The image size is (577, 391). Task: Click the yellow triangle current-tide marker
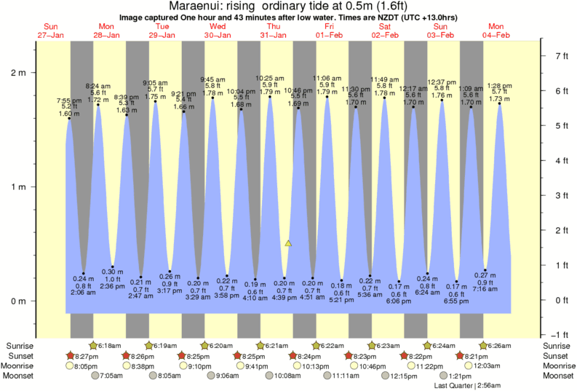pyautogui.click(x=289, y=243)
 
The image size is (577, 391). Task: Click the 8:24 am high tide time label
pyautogui.click(x=98, y=85)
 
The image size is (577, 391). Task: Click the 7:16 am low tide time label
pyautogui.click(x=485, y=289)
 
